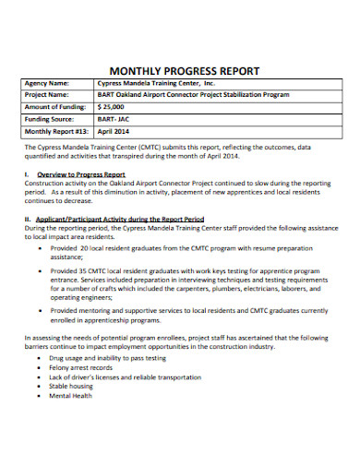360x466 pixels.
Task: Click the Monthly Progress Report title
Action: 185,70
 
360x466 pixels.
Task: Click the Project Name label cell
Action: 48,95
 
